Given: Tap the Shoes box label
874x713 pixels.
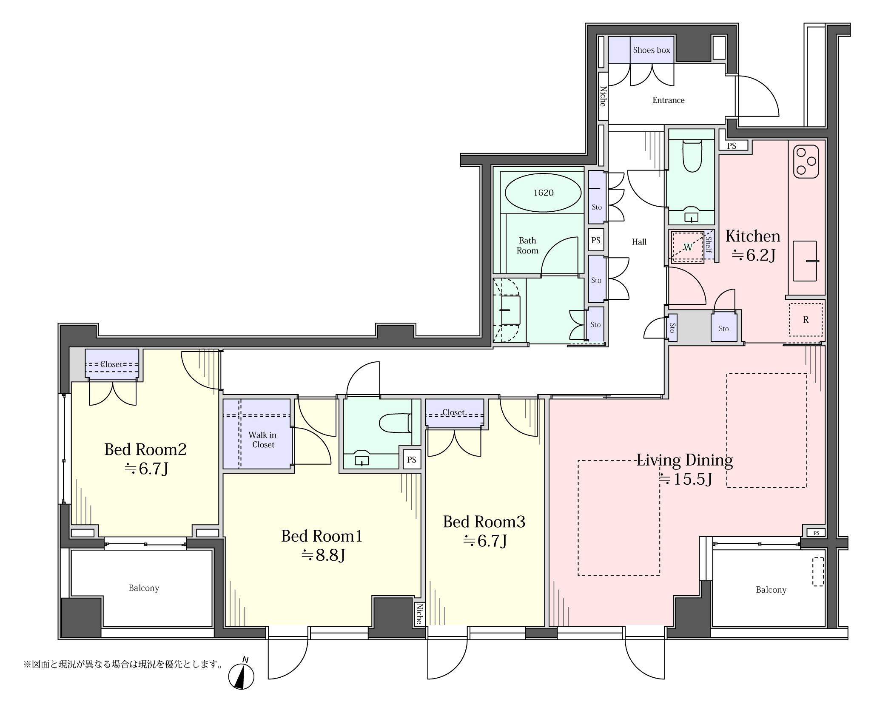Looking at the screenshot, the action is coord(651,50).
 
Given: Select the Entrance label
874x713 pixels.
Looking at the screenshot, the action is coord(669,100).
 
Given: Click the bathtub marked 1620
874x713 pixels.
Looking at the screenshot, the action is coord(543,193).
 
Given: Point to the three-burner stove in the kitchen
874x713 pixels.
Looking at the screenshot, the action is coord(806,162).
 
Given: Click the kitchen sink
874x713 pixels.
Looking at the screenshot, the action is coord(805,261).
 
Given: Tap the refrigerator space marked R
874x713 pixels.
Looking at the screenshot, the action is coord(806,320).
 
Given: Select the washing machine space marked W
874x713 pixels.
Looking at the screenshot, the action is coord(687,247).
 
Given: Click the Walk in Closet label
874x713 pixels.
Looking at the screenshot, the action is coord(263,440).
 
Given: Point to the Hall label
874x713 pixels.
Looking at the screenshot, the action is coord(639,242).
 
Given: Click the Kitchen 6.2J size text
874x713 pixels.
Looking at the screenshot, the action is coord(753,245).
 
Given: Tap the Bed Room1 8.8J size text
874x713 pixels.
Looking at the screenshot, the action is coord(322,545).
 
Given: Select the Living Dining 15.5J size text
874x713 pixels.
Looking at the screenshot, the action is coord(685,469).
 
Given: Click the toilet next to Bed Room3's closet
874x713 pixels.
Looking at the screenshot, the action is coord(395,423).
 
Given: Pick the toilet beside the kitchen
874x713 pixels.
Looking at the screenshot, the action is coord(692,156).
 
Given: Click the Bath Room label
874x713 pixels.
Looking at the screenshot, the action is coord(527,246).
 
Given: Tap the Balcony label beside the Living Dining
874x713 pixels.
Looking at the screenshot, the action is coord(771,590).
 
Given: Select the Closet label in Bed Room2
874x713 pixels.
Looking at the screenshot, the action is coord(111,364).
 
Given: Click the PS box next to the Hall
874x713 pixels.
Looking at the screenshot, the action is coord(596,240).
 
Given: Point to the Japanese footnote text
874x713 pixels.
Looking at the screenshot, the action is coord(123,664).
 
